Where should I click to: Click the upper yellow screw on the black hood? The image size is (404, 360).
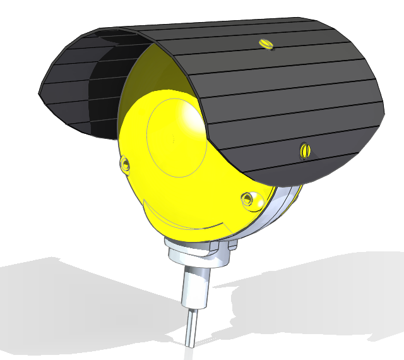coord(265,43)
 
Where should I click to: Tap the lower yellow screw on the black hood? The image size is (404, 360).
coord(306,150)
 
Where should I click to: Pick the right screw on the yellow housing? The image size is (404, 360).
coord(248,200)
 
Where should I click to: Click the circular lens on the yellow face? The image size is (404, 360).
coord(174,136)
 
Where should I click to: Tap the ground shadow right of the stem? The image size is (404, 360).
coord(303,297)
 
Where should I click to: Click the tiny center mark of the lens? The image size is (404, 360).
coord(172,137)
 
